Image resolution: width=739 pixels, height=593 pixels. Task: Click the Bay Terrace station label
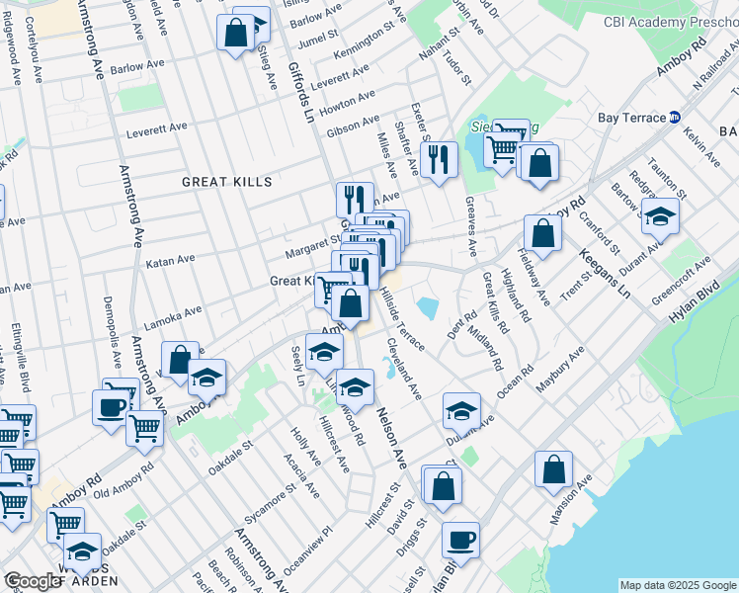coord(632,118)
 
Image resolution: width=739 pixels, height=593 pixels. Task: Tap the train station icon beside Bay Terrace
coord(675,117)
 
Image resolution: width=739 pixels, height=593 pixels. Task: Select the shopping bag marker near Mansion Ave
coord(553,467)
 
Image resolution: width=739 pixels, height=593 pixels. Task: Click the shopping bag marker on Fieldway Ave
coord(542,233)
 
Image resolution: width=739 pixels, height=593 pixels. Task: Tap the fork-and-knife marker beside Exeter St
coord(438,158)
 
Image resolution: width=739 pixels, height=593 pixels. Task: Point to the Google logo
coord(33,581)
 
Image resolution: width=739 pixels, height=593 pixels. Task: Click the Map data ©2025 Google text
coord(678,585)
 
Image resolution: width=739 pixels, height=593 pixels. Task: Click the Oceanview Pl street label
coord(309,550)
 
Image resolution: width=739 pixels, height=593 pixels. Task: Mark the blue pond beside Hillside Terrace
coord(428,307)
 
